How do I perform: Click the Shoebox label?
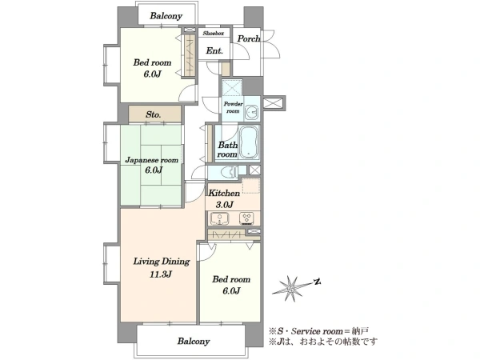click(214, 33)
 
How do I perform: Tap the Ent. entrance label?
click(214, 50)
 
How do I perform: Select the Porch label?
click(249, 39)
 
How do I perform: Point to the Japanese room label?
click(152, 160)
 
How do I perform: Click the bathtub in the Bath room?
click(249, 142)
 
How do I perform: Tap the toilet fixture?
click(230, 172)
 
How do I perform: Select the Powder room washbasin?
click(253, 112)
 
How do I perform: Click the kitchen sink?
click(219, 219)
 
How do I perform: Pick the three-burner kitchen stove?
click(246, 218)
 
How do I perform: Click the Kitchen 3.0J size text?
click(224, 205)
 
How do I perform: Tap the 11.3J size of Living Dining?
click(161, 274)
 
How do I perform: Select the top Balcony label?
click(166, 16)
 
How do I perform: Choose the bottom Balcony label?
click(194, 341)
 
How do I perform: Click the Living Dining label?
click(162, 262)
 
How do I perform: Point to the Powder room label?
click(233, 107)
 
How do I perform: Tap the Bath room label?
click(227, 150)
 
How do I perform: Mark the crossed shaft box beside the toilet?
click(254, 170)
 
